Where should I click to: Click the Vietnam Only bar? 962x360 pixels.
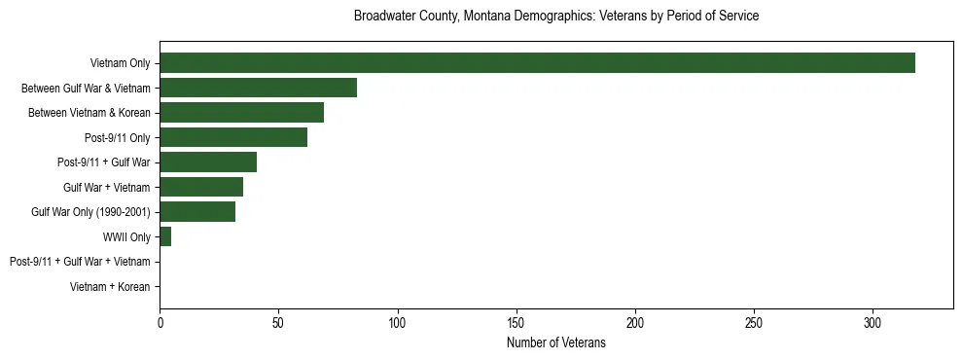[537, 63]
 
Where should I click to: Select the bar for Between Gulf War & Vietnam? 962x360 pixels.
[258, 88]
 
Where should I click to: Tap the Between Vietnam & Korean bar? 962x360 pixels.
[241, 113]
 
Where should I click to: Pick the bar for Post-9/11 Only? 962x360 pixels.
[233, 137]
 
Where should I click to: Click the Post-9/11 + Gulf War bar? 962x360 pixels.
[208, 162]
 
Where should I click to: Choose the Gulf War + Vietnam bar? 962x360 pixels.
[201, 187]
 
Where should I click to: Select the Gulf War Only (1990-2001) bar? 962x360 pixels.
[197, 212]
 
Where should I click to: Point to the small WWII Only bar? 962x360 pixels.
[165, 236]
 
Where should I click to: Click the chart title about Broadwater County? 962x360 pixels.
[556, 17]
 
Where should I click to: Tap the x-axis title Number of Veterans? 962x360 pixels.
[556, 342]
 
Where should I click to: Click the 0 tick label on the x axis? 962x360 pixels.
[160, 322]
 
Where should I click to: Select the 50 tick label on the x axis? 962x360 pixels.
[278, 322]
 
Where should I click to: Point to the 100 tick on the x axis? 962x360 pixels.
[397, 322]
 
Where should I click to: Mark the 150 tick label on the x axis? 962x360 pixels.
[517, 322]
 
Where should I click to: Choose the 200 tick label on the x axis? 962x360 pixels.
[635, 322]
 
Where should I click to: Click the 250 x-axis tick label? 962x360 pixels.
[754, 322]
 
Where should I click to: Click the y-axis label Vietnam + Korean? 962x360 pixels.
[110, 287]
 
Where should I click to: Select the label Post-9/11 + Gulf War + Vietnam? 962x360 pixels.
[80, 262]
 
